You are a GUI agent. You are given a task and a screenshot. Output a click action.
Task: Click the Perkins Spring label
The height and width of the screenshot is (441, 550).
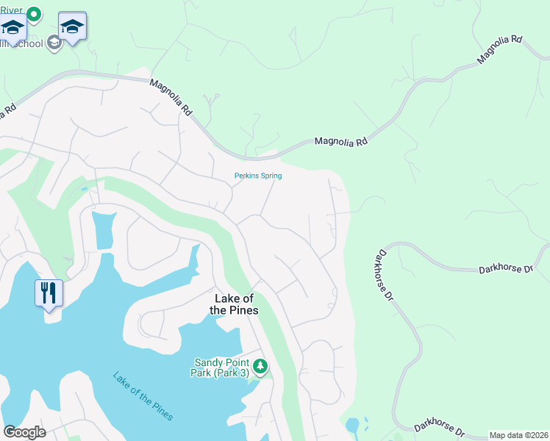pyautogui.click(x=257, y=176)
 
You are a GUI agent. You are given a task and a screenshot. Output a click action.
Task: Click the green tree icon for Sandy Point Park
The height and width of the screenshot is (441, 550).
pyautogui.click(x=260, y=365)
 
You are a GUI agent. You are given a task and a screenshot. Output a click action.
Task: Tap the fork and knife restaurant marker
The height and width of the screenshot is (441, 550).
pyautogui.click(x=49, y=293)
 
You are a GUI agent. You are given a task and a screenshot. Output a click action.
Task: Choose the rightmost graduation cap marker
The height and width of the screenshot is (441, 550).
pyautogui.click(x=72, y=26)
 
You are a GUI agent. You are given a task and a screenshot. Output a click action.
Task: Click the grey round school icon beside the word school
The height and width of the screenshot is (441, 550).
pyautogui.click(x=54, y=43)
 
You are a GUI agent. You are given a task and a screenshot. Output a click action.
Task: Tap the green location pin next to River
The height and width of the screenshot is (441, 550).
pyautogui.click(x=34, y=15)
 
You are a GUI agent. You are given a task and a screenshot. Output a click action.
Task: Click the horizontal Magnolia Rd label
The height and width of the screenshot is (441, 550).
pyautogui.click(x=340, y=140)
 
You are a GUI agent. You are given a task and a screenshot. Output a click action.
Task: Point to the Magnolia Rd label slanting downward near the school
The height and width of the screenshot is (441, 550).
pyautogui.click(x=171, y=98)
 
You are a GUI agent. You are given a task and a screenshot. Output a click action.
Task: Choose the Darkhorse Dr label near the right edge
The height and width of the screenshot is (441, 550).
pyautogui.click(x=505, y=270)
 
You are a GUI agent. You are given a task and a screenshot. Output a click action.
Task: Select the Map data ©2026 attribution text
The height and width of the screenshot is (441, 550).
pyautogui.click(x=518, y=435)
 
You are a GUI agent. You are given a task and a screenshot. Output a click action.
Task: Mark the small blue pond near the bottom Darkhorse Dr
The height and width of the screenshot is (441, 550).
pyautogui.click(x=352, y=425)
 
